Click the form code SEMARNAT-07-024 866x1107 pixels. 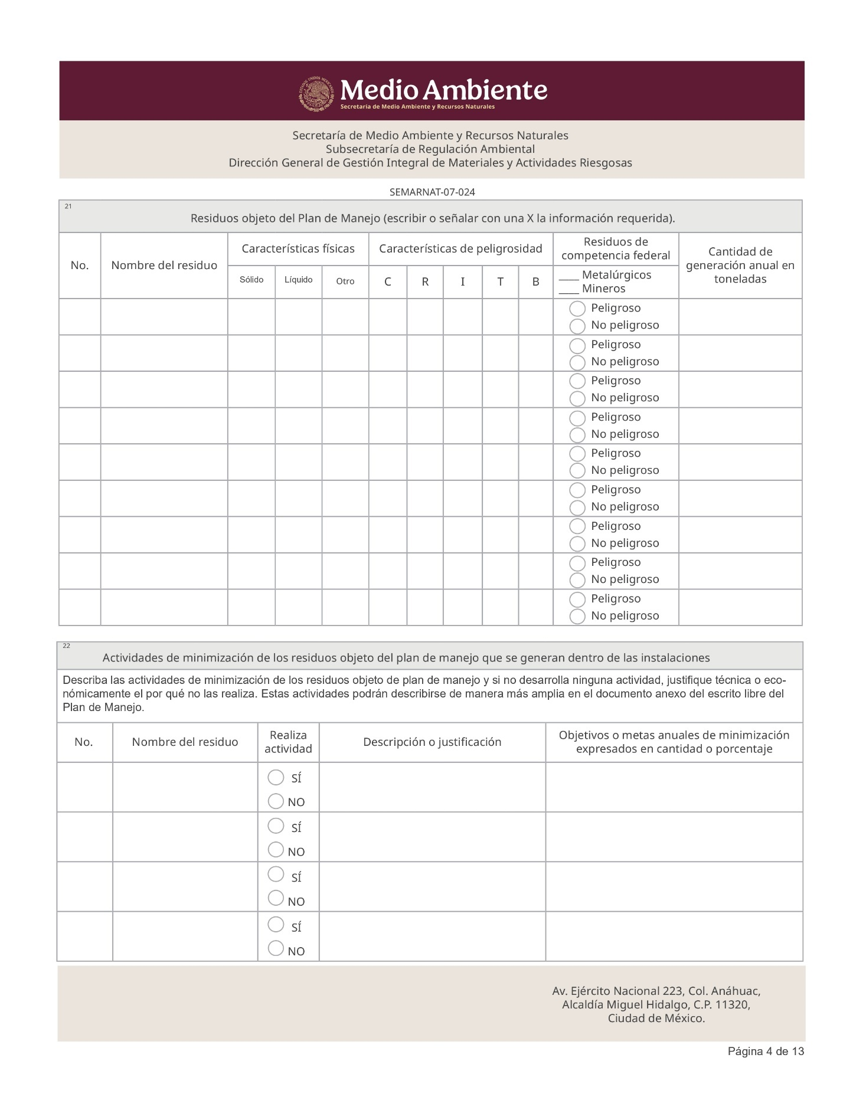[432, 192]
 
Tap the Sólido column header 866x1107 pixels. [251, 280]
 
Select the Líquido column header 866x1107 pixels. [298, 280]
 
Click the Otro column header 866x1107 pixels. [345, 281]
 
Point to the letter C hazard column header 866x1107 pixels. [388, 282]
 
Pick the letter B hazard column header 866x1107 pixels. [535, 282]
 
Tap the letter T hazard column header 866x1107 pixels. [500, 282]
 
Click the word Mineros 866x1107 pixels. [603, 289]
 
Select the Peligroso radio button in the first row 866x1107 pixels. [577, 309]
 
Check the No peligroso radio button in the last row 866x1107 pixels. [577, 616]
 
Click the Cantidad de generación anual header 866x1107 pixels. [740, 266]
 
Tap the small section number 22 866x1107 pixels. [67, 646]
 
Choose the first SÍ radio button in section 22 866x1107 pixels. [276, 777]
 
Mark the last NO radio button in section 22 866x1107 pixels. [276, 948]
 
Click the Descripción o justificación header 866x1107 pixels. [432, 742]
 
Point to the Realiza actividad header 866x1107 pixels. [288, 742]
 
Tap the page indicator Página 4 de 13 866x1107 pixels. [766, 1051]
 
